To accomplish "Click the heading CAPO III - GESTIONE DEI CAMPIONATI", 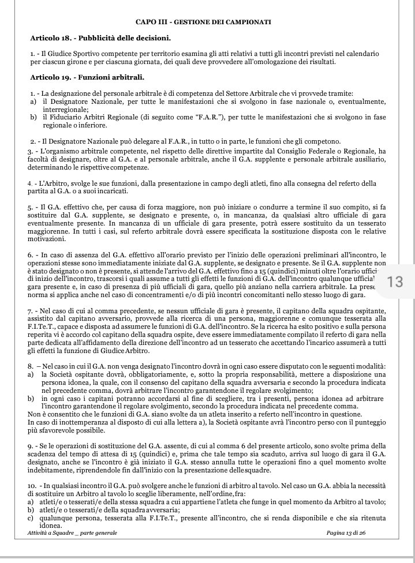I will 204,22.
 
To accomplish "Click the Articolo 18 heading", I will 100,38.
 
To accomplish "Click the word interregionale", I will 65,108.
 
